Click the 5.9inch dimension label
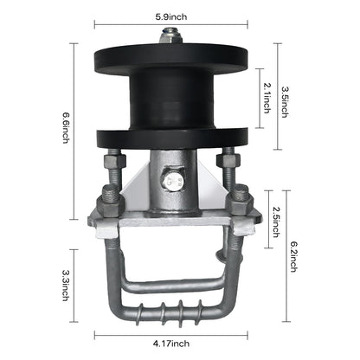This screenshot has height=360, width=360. (x=171, y=16)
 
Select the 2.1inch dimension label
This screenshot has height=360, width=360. (x=267, y=98)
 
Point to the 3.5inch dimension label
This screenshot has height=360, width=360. (x=285, y=102)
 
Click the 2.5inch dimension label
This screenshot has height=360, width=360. (x=276, y=222)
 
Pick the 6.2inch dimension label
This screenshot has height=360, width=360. (x=293, y=256)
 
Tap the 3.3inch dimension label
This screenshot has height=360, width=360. (x=66, y=285)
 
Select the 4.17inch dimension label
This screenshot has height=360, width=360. (x=171, y=344)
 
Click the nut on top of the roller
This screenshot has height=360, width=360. (x=170, y=36)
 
